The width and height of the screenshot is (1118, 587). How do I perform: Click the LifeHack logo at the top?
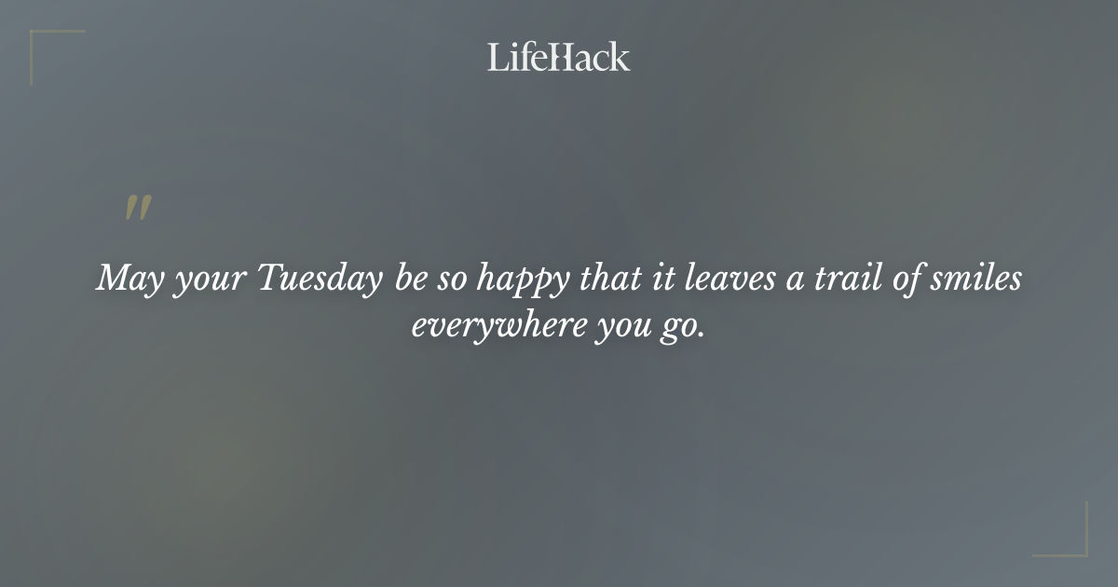(559, 58)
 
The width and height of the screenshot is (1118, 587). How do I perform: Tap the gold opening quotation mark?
(138, 209)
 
